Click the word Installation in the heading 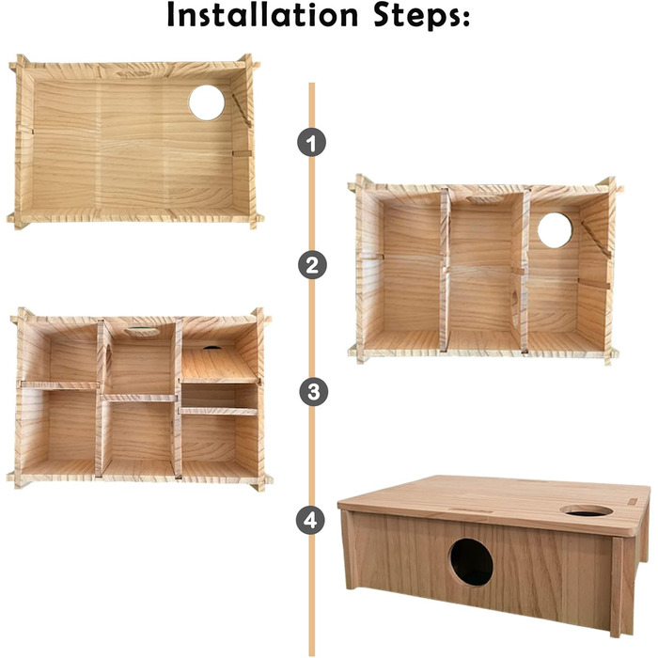[x=262, y=15]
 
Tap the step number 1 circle [x=311, y=143]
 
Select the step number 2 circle [x=312, y=265]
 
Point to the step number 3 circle [x=313, y=392]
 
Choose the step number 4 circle [x=310, y=521]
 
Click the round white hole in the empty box [x=207, y=102]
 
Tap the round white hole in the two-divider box [x=555, y=230]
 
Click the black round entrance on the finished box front [x=471, y=562]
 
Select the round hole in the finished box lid [x=587, y=510]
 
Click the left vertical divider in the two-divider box [x=444, y=270]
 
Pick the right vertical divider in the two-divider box [x=524, y=271]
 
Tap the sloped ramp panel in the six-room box [x=218, y=365]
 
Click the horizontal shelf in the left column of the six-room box [x=59, y=384]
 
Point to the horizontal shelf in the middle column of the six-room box [x=138, y=398]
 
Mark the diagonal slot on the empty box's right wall [x=242, y=110]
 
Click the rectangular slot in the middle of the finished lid [x=470, y=511]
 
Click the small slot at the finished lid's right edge [x=632, y=501]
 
